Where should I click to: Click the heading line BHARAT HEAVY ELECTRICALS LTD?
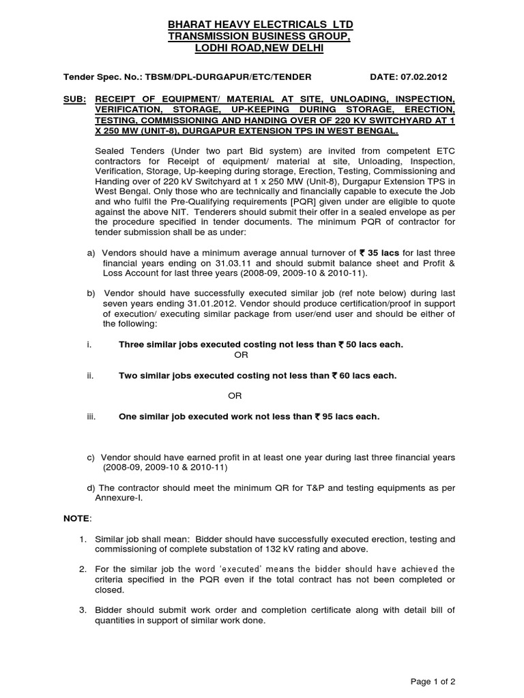(x=261, y=25)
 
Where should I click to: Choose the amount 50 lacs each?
(x=370, y=345)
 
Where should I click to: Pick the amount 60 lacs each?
(x=364, y=376)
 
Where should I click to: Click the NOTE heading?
(x=76, y=519)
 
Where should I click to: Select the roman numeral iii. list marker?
(x=91, y=416)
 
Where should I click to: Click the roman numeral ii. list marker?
(x=90, y=376)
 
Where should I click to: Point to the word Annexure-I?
(x=127, y=498)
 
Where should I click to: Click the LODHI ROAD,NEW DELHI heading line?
(x=261, y=48)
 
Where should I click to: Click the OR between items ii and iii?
(x=234, y=396)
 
